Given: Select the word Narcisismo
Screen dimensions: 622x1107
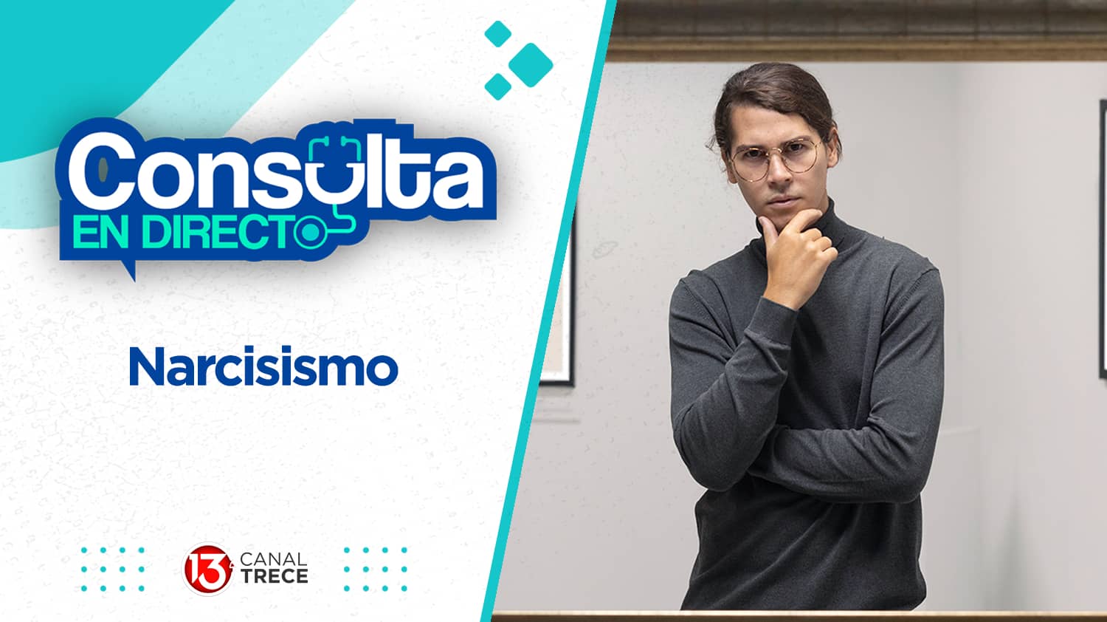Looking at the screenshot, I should [x=263, y=367].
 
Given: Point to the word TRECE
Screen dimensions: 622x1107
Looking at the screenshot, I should [x=274, y=576].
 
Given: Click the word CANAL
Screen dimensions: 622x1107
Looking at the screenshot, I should [x=274, y=559].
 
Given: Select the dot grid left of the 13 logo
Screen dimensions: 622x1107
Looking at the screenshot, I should [x=113, y=569].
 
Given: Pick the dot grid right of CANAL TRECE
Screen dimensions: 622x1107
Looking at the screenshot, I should [x=376, y=569].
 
